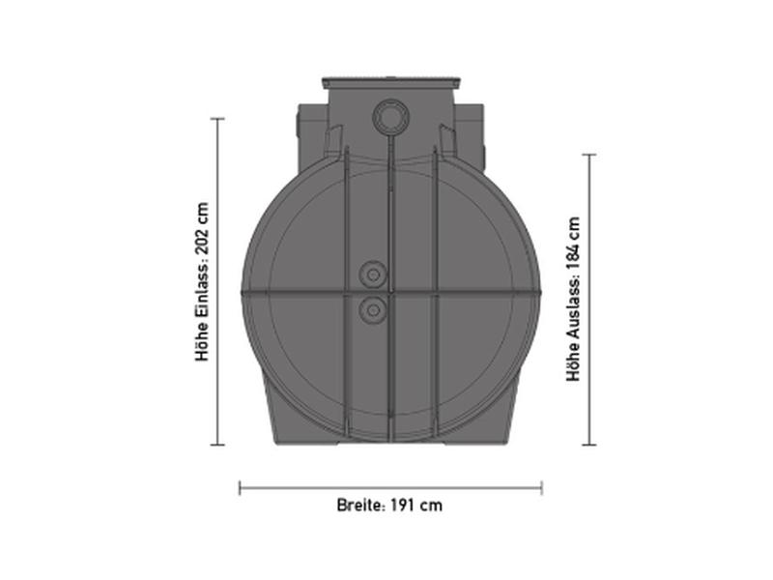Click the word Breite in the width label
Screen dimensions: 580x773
[x=358, y=505]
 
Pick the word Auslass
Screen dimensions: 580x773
[x=574, y=308]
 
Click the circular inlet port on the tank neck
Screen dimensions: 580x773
[x=389, y=119]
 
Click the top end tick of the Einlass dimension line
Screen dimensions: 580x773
[x=217, y=119]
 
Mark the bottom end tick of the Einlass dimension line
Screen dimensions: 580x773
[x=217, y=445]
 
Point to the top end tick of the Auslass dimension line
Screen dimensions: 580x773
[x=588, y=155]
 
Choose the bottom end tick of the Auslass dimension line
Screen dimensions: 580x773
[x=588, y=445]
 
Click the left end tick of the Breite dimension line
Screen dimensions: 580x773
[x=240, y=488]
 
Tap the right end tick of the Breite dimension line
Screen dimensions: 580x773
[x=541, y=488]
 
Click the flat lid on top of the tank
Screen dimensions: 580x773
[x=389, y=78]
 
